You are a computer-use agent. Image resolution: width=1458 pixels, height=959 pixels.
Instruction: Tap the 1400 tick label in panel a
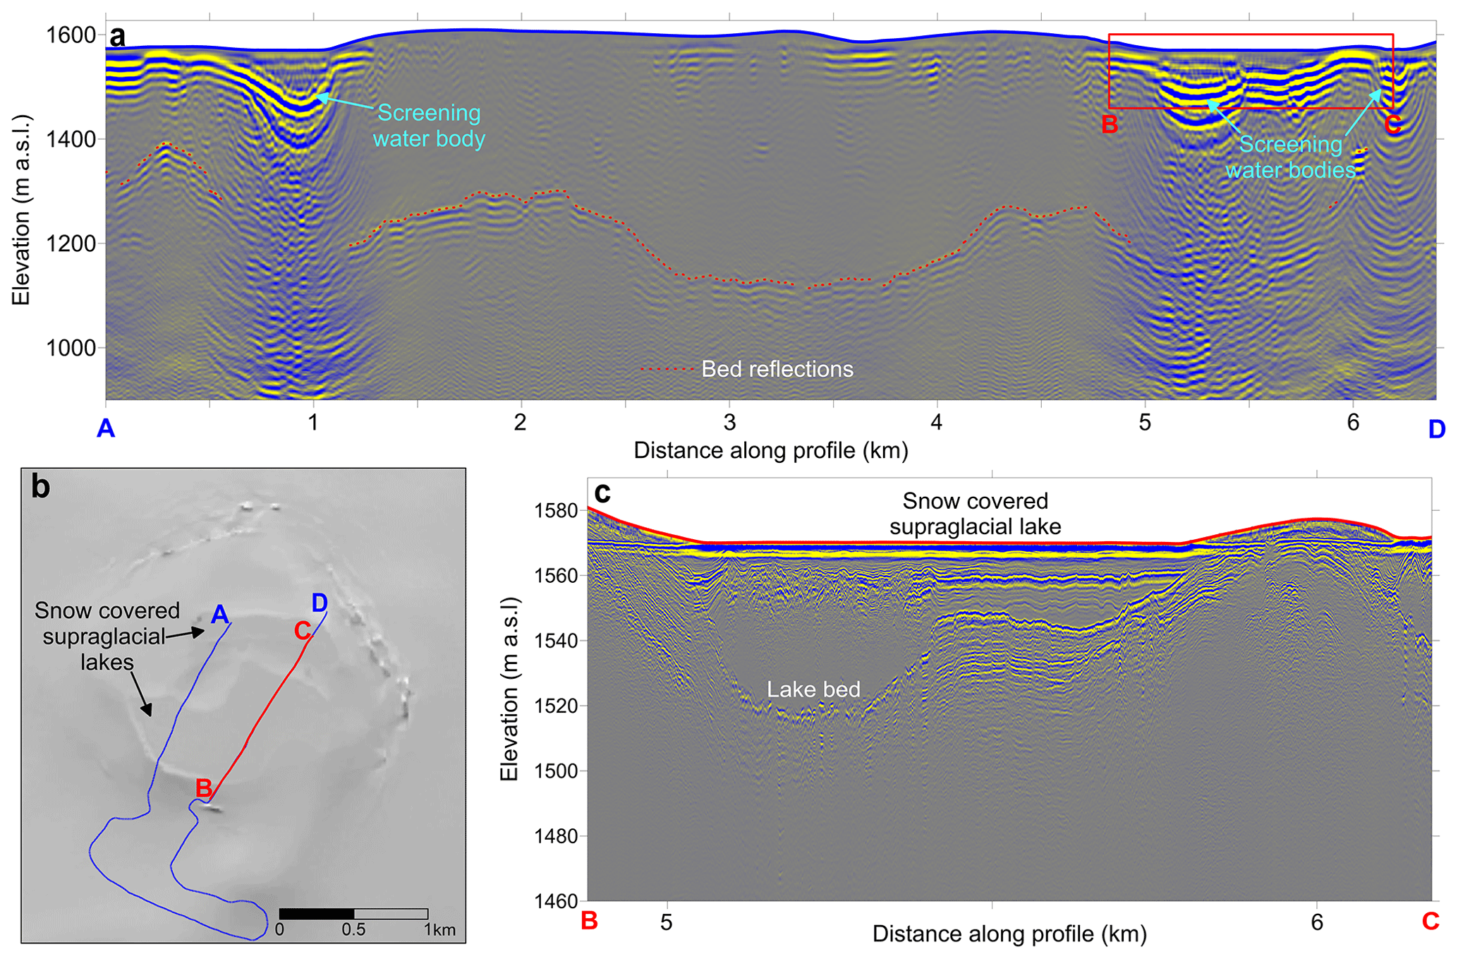click(70, 140)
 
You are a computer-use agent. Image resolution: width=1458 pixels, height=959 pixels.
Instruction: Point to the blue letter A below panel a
click(106, 428)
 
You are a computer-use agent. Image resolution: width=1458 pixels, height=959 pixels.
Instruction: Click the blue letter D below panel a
click(1436, 428)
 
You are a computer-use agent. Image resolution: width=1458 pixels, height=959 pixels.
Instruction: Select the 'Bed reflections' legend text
click(777, 369)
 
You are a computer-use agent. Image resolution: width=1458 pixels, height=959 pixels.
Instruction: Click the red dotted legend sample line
click(667, 369)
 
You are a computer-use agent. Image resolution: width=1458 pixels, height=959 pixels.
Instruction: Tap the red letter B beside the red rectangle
click(1110, 125)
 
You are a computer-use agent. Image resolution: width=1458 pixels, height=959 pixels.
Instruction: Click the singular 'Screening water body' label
click(429, 126)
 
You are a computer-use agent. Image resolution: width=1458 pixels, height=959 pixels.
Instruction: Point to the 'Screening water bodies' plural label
click(1290, 157)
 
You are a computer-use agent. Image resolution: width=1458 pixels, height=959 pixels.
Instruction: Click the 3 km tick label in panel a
click(729, 423)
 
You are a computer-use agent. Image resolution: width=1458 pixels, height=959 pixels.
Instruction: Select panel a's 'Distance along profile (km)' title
click(771, 450)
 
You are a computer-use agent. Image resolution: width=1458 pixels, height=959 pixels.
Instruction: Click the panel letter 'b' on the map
click(41, 487)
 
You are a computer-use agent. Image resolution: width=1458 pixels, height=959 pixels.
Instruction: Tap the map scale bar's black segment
click(317, 914)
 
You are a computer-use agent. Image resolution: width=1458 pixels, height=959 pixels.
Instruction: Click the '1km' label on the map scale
click(440, 930)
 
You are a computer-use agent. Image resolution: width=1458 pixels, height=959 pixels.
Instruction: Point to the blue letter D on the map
click(320, 603)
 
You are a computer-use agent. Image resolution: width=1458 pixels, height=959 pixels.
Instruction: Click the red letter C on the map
click(303, 630)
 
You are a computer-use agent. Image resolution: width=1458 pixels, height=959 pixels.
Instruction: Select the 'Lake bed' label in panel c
click(814, 689)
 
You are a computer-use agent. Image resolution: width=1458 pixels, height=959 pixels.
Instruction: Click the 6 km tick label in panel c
click(1317, 922)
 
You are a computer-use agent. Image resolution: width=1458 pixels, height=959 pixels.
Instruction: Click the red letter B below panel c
click(589, 922)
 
